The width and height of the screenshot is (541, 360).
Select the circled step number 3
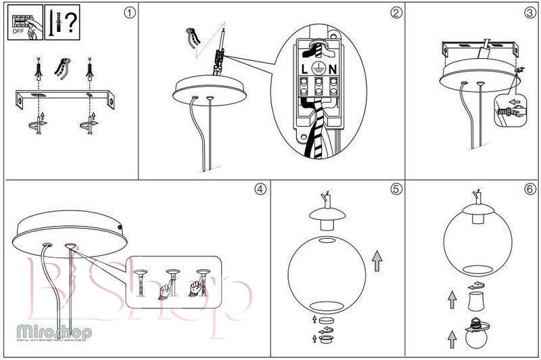530,12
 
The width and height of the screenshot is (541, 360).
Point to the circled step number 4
260,189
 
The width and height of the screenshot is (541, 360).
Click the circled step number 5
396,189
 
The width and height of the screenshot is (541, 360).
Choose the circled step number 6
530,189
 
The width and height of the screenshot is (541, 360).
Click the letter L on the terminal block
303,68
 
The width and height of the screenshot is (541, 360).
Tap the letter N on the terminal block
333,68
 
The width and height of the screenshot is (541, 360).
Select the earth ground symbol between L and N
318,68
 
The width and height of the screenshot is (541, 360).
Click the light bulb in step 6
477,335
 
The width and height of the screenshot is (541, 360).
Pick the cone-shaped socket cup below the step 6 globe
477,299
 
